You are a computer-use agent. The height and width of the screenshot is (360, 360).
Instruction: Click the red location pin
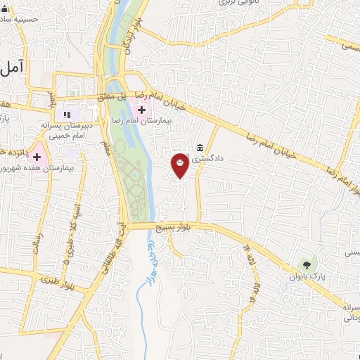tap(181, 165)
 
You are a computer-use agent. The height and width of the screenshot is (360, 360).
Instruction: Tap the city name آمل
tap(13, 67)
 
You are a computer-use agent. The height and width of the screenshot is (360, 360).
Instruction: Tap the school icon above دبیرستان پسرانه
tap(67, 114)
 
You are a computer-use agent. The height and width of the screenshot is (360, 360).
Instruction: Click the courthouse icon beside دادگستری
tap(201, 148)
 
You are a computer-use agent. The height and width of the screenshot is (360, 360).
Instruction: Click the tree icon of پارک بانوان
tap(305, 264)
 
